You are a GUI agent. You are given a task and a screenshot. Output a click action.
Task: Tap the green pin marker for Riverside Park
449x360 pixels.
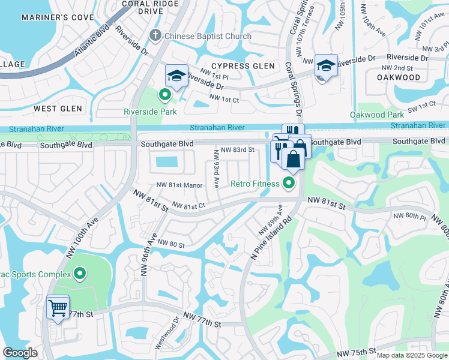pyautogui.click(x=163, y=94)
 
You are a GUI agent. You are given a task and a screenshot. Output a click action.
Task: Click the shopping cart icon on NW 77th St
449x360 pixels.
pyautogui.click(x=58, y=308)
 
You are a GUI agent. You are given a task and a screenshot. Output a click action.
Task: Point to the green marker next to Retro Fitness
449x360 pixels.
pyautogui.click(x=289, y=183)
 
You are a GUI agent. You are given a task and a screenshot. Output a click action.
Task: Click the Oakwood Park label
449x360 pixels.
pyautogui.click(x=377, y=115)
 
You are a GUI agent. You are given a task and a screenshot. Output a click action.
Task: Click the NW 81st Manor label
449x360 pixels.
pyautogui.click(x=179, y=185)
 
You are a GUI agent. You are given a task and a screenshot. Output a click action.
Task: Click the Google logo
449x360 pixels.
pyautogui.click(x=20, y=353)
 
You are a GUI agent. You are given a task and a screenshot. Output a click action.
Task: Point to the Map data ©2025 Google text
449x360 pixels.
pyautogui.click(x=411, y=355)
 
